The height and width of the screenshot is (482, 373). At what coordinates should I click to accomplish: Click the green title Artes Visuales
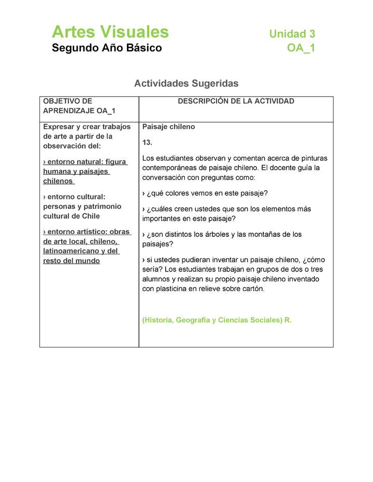click(110, 32)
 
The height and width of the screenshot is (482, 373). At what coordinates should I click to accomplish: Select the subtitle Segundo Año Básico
click(107, 48)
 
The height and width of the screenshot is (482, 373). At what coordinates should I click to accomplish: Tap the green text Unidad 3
click(292, 34)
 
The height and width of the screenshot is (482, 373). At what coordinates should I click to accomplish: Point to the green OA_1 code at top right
click(301, 48)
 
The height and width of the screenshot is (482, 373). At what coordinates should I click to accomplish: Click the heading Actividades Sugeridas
click(186, 83)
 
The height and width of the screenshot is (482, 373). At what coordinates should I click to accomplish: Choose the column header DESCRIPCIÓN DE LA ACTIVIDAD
click(236, 101)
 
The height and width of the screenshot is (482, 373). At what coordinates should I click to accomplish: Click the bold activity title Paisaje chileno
click(168, 127)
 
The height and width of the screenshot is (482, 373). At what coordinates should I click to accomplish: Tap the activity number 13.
click(147, 142)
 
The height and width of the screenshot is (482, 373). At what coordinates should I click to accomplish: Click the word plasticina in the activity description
click(175, 289)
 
